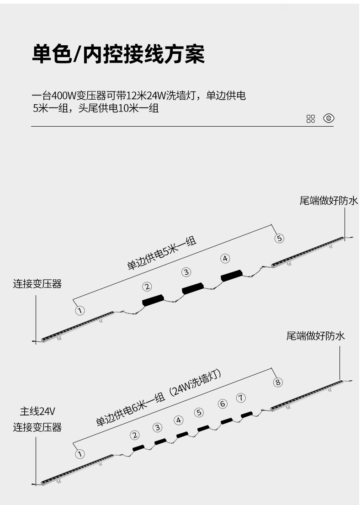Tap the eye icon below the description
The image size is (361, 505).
[329, 118]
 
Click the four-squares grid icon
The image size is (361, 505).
[311, 119]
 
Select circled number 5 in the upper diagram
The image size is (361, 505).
[279, 238]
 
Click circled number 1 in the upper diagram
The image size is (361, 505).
[80, 311]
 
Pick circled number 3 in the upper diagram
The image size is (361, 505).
[186, 272]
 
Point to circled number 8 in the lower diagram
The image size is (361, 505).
[278, 382]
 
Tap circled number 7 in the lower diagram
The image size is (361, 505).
[241, 397]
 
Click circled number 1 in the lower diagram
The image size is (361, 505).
[80, 454]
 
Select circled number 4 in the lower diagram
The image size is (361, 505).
[179, 420]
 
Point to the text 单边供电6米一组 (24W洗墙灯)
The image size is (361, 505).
[159, 399]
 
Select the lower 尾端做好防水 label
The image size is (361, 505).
[315, 336]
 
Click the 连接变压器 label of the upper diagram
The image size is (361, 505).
[37, 284]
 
